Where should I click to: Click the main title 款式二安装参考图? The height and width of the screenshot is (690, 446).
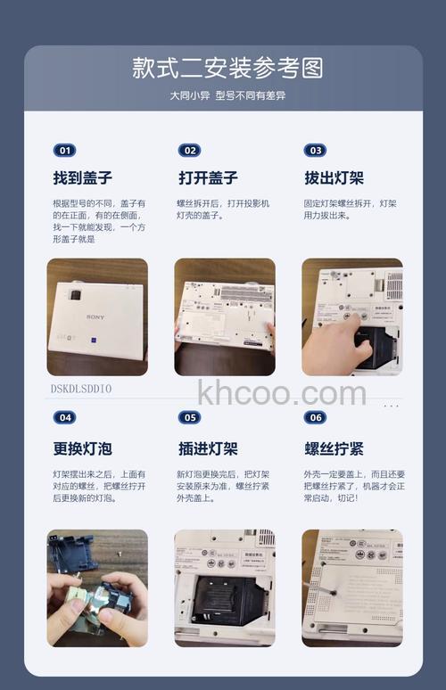coord(227,68)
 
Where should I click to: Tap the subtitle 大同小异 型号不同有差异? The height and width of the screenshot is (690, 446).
coord(227,95)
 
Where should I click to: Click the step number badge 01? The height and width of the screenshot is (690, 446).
coord(64,151)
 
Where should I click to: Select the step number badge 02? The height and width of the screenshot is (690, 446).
coord(189,151)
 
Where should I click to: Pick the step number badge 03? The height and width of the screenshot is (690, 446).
coord(315,151)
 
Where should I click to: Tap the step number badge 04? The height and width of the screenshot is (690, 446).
coord(64,417)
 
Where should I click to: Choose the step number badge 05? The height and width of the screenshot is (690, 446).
coord(189,417)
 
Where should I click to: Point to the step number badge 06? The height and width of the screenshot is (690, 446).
coord(315,417)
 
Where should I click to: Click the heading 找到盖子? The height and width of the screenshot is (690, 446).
coord(83,177)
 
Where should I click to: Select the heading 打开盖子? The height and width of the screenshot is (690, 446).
coord(208,177)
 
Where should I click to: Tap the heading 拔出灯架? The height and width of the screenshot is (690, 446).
coord(334,177)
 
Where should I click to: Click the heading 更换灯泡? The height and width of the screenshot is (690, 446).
coord(83,448)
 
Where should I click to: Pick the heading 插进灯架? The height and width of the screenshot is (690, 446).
coord(208,448)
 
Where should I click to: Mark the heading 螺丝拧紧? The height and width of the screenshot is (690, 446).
coord(334,448)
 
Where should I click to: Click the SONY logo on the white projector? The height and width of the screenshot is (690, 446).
coord(95,317)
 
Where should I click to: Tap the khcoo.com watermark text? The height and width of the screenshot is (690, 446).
coord(282,392)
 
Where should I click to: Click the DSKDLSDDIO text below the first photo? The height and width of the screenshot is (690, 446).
coord(81,389)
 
